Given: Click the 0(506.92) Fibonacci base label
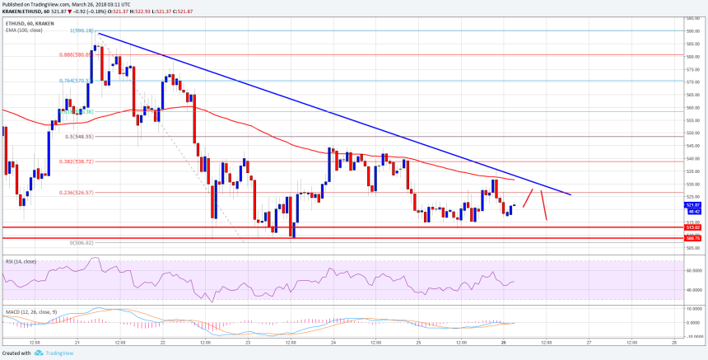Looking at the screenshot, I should (82, 243).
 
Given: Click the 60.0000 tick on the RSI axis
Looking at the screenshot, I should (695, 270).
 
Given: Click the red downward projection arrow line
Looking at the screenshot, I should (544, 205).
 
